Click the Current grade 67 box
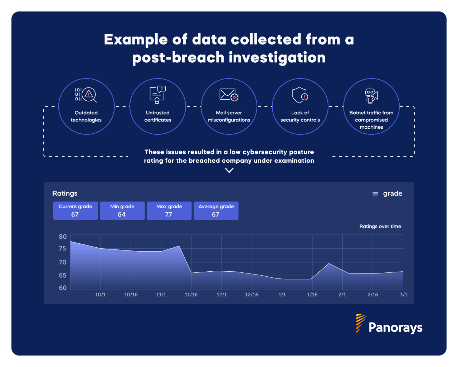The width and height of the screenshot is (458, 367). (75, 210)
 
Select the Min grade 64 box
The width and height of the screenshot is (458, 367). (122, 210)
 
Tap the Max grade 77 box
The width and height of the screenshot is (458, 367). (169, 210)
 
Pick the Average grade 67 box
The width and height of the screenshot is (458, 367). (216, 210)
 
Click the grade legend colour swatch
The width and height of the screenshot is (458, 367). (375, 194)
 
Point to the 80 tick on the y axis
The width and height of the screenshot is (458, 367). (63, 237)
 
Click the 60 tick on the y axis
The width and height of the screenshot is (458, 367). (63, 288)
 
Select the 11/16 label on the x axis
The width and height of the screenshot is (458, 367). (191, 295)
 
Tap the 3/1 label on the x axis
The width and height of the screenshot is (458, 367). (403, 295)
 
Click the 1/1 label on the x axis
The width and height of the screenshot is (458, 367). (282, 295)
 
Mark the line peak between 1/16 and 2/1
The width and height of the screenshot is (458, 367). (329, 263)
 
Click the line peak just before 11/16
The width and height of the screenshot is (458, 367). (179, 246)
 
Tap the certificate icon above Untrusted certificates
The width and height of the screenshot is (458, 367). (157, 95)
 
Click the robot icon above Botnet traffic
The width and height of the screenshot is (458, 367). (371, 95)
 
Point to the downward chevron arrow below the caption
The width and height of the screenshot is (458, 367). (229, 171)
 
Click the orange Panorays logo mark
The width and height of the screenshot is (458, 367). (360, 323)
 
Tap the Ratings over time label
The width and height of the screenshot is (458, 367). (380, 227)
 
